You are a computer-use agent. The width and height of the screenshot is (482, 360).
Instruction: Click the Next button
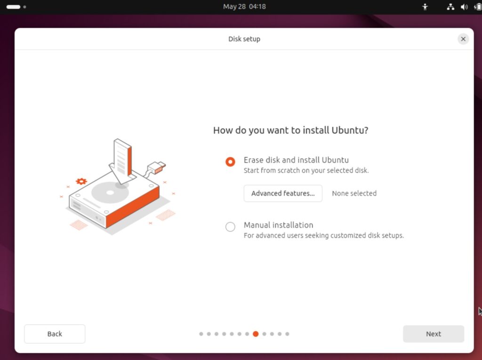(x=434, y=334)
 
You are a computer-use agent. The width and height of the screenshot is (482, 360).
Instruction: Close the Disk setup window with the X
(x=463, y=39)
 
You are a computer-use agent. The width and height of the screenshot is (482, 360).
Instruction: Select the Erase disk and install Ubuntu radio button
(x=230, y=162)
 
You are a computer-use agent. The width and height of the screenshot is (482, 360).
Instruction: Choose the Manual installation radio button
(x=230, y=227)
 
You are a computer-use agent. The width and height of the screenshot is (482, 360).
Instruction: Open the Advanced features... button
(x=283, y=193)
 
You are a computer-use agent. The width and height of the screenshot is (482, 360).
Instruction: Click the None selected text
(x=354, y=193)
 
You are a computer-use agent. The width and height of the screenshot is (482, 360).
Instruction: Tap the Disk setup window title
(x=244, y=39)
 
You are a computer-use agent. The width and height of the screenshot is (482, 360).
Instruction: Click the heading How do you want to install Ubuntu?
(x=290, y=130)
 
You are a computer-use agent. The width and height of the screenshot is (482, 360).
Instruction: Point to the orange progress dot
(x=256, y=334)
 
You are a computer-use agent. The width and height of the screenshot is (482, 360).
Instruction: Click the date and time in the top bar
(x=244, y=7)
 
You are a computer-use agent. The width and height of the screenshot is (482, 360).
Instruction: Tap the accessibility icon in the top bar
(x=425, y=7)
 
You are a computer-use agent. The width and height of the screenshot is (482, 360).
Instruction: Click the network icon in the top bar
(x=450, y=7)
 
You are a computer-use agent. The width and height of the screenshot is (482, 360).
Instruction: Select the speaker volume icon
(x=464, y=7)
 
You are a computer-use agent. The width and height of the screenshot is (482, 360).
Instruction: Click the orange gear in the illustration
(x=81, y=181)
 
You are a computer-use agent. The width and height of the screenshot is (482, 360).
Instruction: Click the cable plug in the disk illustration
(x=156, y=168)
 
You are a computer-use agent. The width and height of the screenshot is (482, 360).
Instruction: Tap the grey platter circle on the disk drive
(x=110, y=193)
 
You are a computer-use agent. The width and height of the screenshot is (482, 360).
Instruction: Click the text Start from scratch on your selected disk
(x=306, y=171)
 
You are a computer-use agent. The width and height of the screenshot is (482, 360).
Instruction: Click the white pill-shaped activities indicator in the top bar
(x=13, y=7)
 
